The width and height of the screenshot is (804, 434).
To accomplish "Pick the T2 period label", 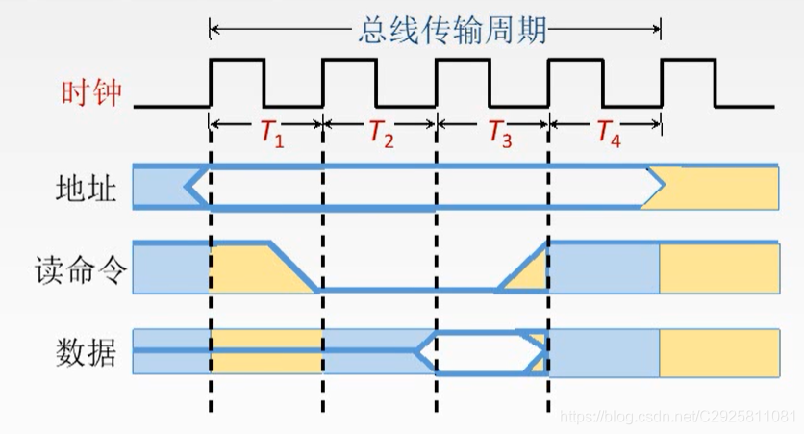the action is click(x=382, y=135).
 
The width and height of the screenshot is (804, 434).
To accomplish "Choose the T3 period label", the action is click(x=498, y=135).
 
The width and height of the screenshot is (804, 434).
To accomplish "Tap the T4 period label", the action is click(x=608, y=135).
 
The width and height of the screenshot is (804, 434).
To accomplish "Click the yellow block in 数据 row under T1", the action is click(x=266, y=352).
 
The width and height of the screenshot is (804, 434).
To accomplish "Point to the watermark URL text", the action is click(x=677, y=416).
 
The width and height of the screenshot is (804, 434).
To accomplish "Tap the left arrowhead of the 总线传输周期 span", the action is click(x=215, y=29).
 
